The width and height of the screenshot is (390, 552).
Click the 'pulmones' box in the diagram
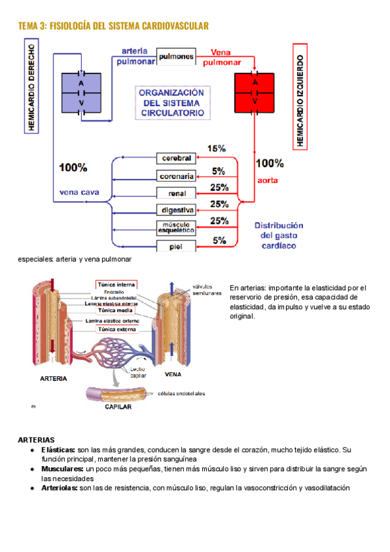pos(175,57)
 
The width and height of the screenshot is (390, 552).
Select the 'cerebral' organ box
pos(175,158)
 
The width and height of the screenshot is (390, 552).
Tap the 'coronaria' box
pos(175,176)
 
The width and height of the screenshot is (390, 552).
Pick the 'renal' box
pos(175,193)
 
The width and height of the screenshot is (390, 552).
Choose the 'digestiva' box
pos(175,210)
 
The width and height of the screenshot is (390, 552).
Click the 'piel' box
pos(175,246)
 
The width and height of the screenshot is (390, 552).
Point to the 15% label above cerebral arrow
pos(216,148)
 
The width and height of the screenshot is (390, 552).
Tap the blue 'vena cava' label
pos(79,192)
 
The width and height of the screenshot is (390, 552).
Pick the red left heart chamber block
pos(255,92)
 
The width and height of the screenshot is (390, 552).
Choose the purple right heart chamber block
pos(81,93)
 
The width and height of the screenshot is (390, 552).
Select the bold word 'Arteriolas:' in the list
pos(60,487)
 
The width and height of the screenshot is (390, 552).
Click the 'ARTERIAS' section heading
pos(36,441)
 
